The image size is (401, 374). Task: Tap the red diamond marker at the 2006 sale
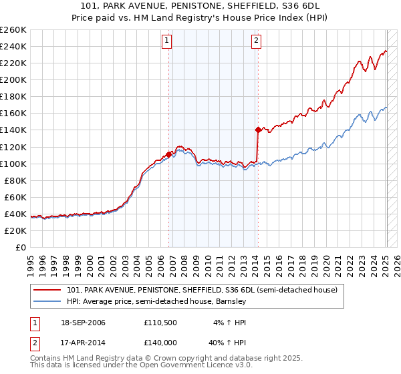coord(168,154)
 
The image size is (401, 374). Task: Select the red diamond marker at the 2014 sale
coord(258,130)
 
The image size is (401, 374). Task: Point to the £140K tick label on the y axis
coord(13,130)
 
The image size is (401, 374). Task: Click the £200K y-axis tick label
coord(13,79)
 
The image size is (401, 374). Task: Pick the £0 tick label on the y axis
coord(20,247)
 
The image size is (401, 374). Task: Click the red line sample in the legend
coord(47,290)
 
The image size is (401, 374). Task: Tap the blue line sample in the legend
coord(47,301)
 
